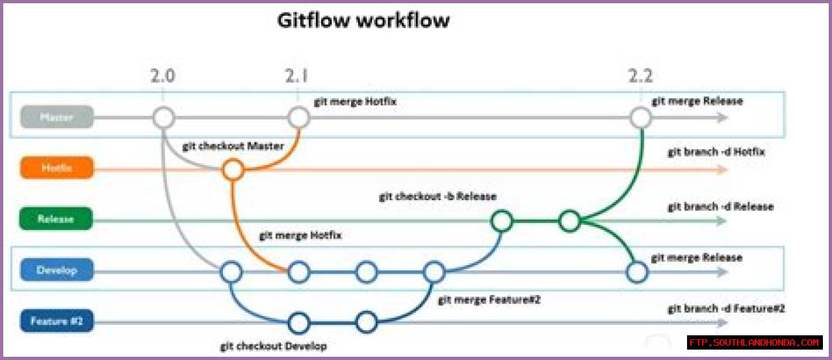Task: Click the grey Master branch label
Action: (56, 118)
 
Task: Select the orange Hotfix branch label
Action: (56, 168)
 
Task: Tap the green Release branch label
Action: (56, 219)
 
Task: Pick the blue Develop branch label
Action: (56, 270)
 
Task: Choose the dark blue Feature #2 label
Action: (56, 321)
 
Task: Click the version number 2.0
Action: (162, 76)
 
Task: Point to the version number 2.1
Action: (296, 76)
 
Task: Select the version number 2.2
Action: (640, 76)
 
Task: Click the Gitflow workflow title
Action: (363, 20)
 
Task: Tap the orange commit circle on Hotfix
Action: (233, 170)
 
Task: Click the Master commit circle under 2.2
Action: (641, 118)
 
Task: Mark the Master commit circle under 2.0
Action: (164, 118)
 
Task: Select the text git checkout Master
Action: (233, 146)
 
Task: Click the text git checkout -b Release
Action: (437, 196)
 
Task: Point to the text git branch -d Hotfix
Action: (716, 152)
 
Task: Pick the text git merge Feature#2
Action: (489, 300)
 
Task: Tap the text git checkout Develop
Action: (274, 346)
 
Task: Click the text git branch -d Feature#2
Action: (726, 309)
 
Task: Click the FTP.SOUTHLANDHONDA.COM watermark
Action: (755, 342)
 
